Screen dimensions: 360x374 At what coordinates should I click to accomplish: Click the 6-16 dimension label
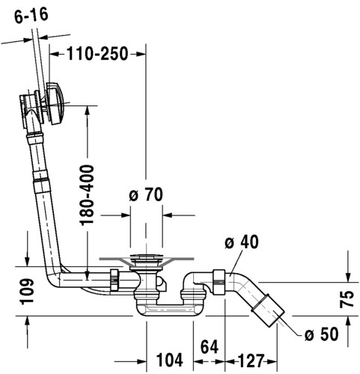[x=31, y=16]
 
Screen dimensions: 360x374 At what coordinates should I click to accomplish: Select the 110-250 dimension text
[x=97, y=54]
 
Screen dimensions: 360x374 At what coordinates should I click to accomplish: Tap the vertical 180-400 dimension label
[x=88, y=195]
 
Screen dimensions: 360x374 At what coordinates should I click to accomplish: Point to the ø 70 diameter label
[x=146, y=194]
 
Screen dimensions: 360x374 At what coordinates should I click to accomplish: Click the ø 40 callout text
[x=242, y=242]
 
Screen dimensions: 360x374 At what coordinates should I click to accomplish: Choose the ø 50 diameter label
[x=322, y=334]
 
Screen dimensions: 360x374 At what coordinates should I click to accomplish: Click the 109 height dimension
[x=27, y=291]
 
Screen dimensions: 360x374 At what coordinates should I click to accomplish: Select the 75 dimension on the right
[x=347, y=299]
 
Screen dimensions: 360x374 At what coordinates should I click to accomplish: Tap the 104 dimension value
[x=170, y=360]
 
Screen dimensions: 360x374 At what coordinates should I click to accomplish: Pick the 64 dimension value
[x=210, y=346]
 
